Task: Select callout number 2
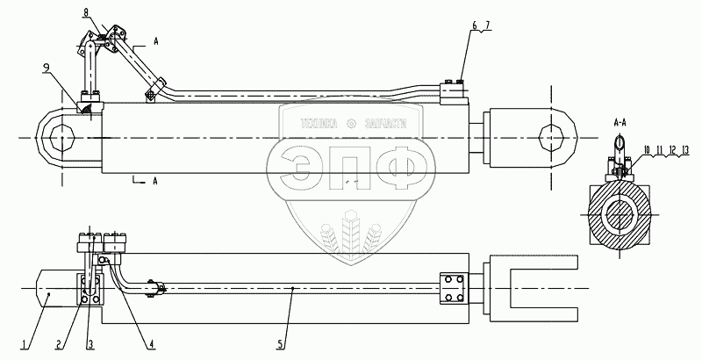click(x=58, y=345)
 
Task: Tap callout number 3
click(x=90, y=345)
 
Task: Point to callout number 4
click(x=151, y=345)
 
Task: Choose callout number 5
click(x=281, y=345)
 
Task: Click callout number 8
click(x=85, y=12)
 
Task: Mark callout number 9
click(x=47, y=68)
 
